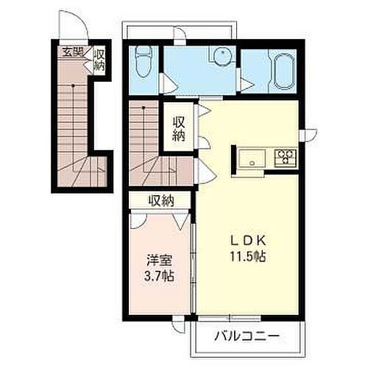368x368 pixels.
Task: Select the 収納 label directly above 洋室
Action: tap(160, 199)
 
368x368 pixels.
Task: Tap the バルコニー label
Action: tap(247, 336)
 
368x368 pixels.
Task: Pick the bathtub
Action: tap(283, 72)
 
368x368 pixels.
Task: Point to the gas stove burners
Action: tap(285, 157)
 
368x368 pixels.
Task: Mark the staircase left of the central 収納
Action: tap(145, 144)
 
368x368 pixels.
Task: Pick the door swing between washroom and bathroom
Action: tap(244, 81)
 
